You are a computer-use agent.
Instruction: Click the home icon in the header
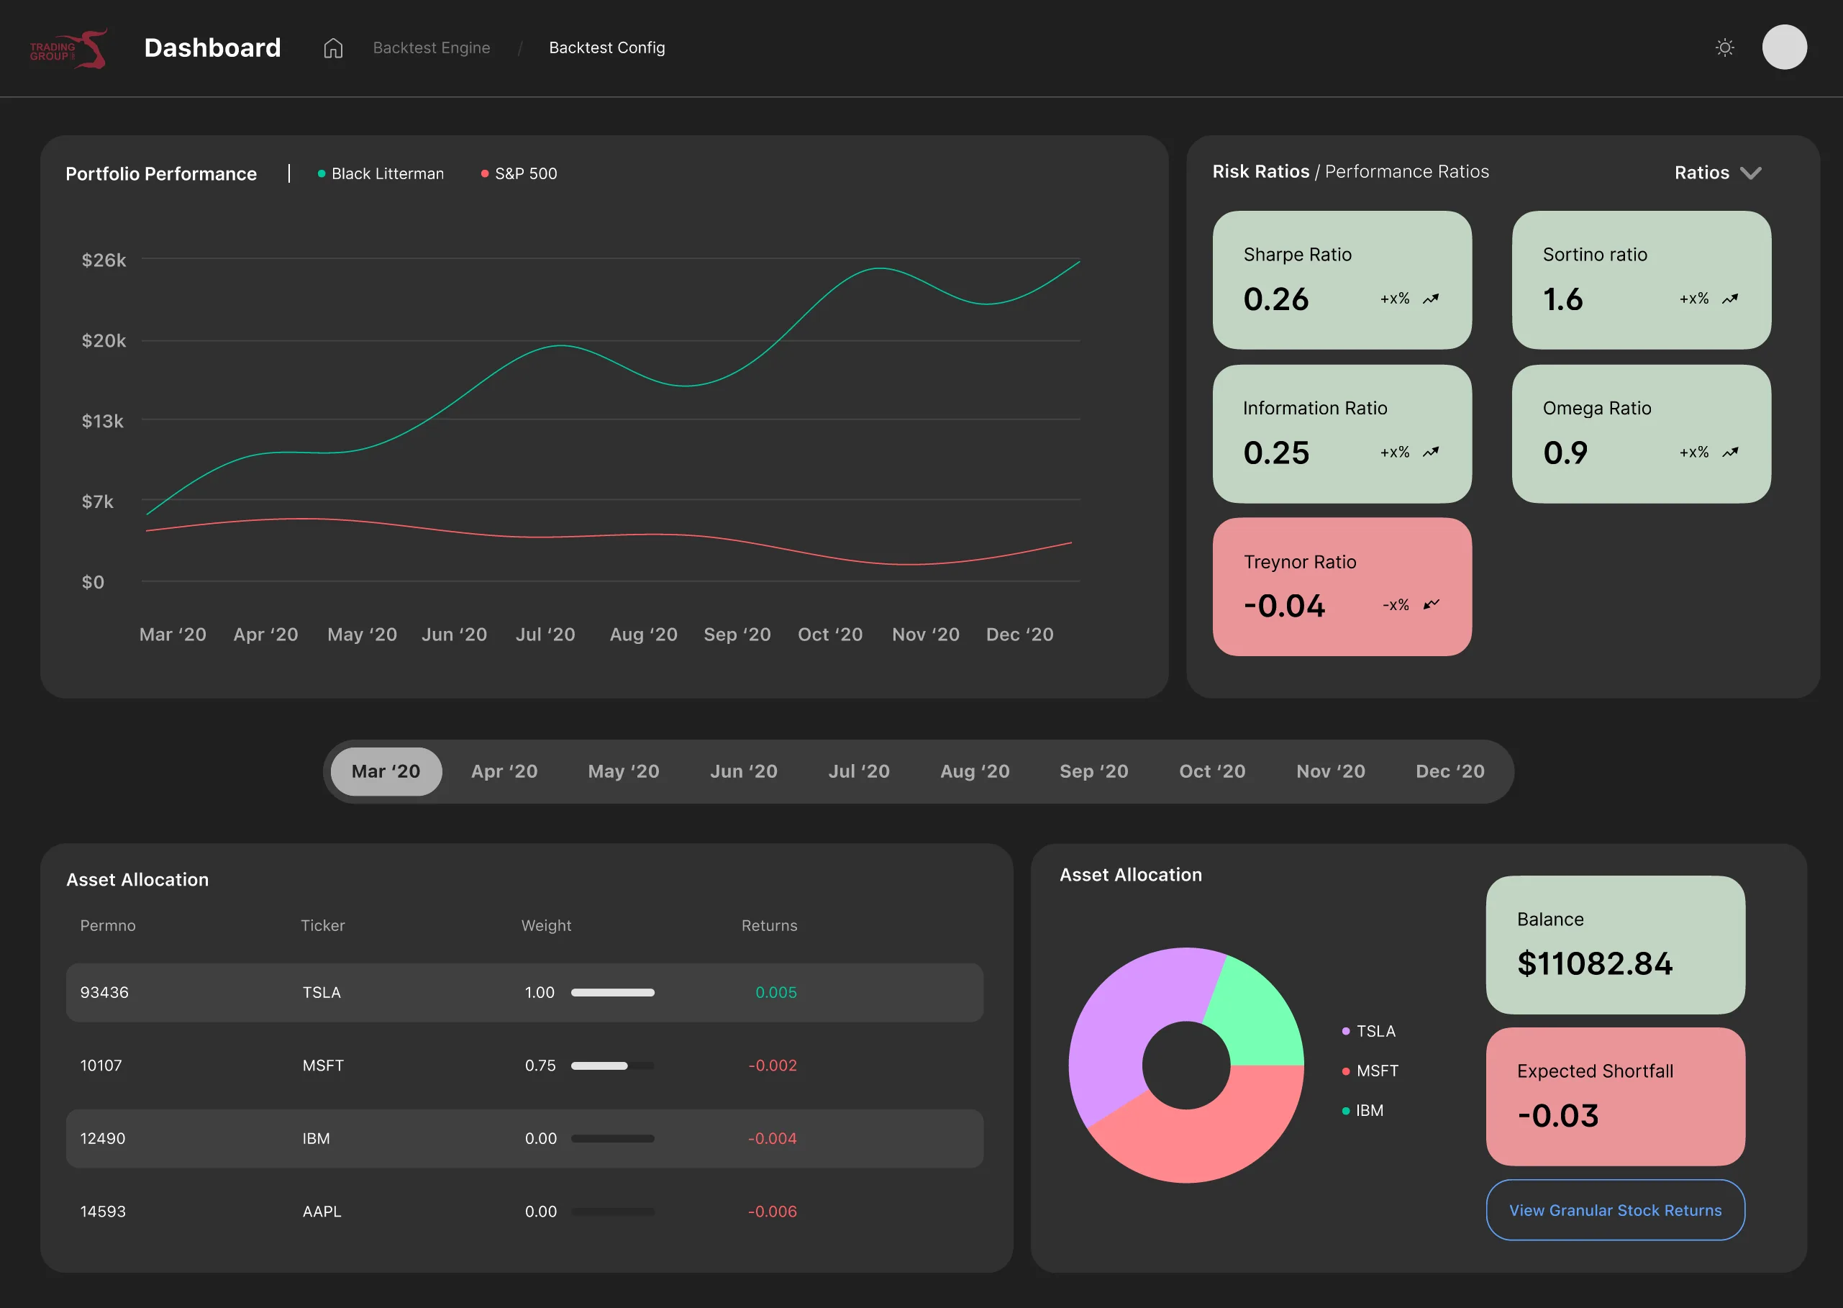point(332,48)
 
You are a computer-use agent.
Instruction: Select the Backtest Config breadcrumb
point(607,48)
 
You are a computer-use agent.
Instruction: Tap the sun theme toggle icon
point(1724,47)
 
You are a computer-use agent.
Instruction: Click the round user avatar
point(1784,47)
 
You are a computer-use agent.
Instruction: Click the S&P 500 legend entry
point(519,174)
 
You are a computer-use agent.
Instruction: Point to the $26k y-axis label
point(104,260)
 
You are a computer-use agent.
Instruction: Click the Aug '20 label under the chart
point(643,635)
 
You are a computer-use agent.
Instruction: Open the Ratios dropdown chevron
point(1750,173)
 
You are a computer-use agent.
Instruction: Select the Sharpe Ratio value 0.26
point(1275,299)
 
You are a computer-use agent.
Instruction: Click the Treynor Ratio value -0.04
point(1284,606)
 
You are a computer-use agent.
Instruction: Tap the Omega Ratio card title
point(1597,409)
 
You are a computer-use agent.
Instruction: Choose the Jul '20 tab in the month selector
point(859,771)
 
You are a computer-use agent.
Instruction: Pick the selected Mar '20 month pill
point(386,771)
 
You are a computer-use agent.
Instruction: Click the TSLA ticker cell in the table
point(322,992)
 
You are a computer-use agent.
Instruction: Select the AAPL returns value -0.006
point(772,1212)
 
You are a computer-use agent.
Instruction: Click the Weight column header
point(546,925)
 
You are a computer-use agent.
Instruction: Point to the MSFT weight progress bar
point(613,1066)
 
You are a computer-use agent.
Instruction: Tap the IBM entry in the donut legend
point(1362,1111)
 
